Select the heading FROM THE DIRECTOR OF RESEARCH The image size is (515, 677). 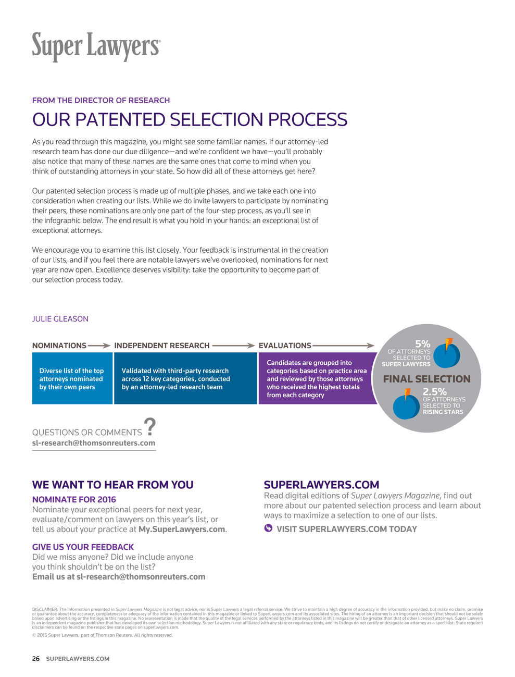pos(101,100)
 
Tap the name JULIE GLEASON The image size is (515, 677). pos(60,319)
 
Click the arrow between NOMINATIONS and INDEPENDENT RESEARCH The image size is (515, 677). pos(99,346)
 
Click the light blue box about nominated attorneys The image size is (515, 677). pos(72,378)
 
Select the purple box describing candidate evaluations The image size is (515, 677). pos(317,378)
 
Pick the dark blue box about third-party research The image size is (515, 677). pos(185,378)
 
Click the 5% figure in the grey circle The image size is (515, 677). pos(422,344)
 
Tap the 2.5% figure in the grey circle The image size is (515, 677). pos(434,392)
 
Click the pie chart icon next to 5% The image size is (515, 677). pos(447,353)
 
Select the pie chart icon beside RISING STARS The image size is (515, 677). pos(406,404)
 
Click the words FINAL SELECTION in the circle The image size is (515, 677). pos(426,379)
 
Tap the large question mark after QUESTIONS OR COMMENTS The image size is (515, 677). pos(150,427)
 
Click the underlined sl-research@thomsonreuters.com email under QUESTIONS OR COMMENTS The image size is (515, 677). pos(94,443)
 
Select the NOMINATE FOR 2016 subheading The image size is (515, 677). pos(74,499)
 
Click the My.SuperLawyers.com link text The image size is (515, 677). pos(182,529)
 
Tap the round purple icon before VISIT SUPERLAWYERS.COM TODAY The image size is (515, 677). pos(268,528)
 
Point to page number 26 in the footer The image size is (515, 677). pos(36,659)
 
